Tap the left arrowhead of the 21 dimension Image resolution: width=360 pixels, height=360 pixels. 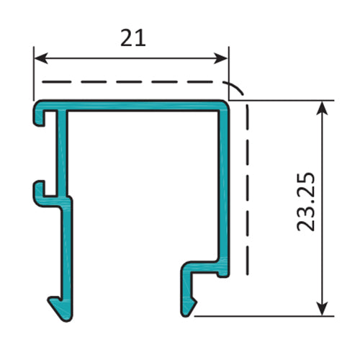pyautogui.click(x=41, y=58)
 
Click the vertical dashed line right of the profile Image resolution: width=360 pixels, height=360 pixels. pyautogui.click(x=247, y=187)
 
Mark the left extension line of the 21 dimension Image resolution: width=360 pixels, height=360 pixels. pyautogui.click(x=34, y=72)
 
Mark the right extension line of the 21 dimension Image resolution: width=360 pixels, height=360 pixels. pyautogui.click(x=228, y=68)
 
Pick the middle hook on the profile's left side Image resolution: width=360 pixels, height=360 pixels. pyautogui.click(x=41, y=191)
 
